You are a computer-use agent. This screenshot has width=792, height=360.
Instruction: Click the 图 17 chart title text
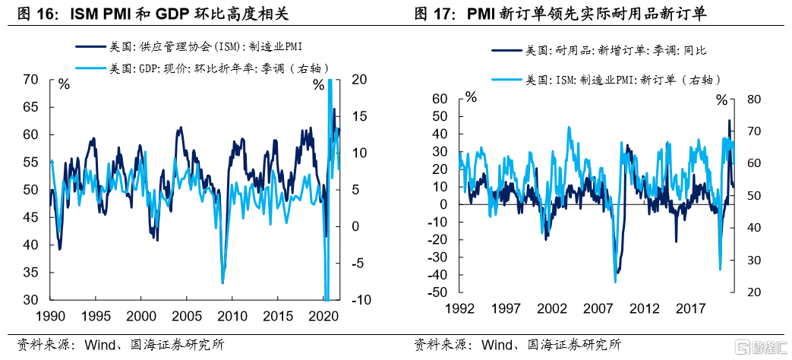pos(566,14)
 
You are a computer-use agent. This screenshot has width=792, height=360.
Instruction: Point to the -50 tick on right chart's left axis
pos(438,292)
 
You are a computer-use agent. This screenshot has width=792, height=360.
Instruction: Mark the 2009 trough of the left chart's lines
pos(222,283)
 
